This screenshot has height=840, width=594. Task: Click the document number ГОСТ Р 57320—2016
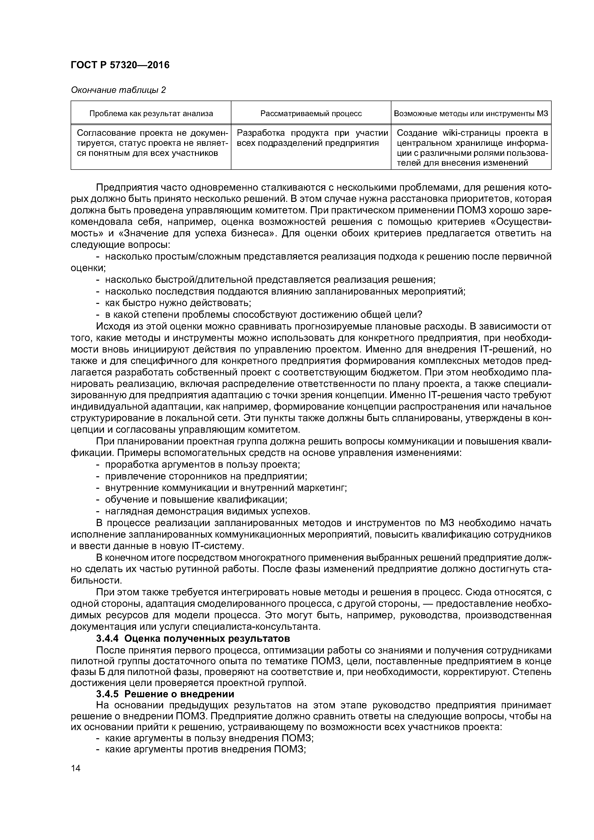click(120, 65)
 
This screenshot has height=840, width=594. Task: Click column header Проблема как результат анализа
click(151, 114)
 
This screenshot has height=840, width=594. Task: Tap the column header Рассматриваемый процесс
click(311, 114)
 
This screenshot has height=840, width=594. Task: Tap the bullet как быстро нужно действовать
click(177, 303)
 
